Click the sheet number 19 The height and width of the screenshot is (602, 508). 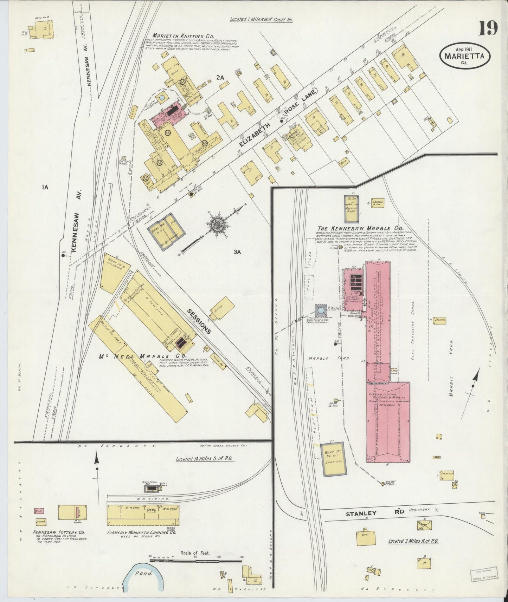488,27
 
